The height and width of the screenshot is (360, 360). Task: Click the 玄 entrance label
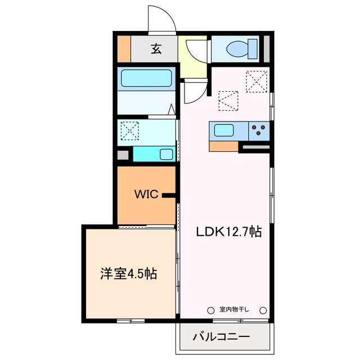[156, 49]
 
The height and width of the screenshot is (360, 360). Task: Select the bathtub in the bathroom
[146, 78]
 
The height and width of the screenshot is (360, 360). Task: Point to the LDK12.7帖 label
[228, 231]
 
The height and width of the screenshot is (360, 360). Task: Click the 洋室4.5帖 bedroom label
[128, 274]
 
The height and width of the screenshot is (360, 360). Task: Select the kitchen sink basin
[224, 130]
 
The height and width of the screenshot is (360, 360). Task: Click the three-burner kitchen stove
[259, 131]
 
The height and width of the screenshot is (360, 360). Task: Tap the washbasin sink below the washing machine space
[166, 154]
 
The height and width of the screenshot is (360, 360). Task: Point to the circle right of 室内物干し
[262, 309]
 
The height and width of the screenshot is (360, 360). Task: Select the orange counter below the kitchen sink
[223, 146]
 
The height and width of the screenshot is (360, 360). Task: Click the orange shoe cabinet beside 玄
[123, 49]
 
